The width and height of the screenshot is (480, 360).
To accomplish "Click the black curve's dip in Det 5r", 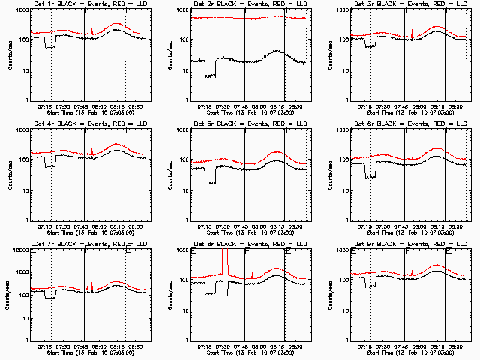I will point(210,182).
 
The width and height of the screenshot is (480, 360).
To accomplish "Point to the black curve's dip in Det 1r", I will point(50,46).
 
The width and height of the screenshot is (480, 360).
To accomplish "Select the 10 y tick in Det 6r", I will point(342,190).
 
